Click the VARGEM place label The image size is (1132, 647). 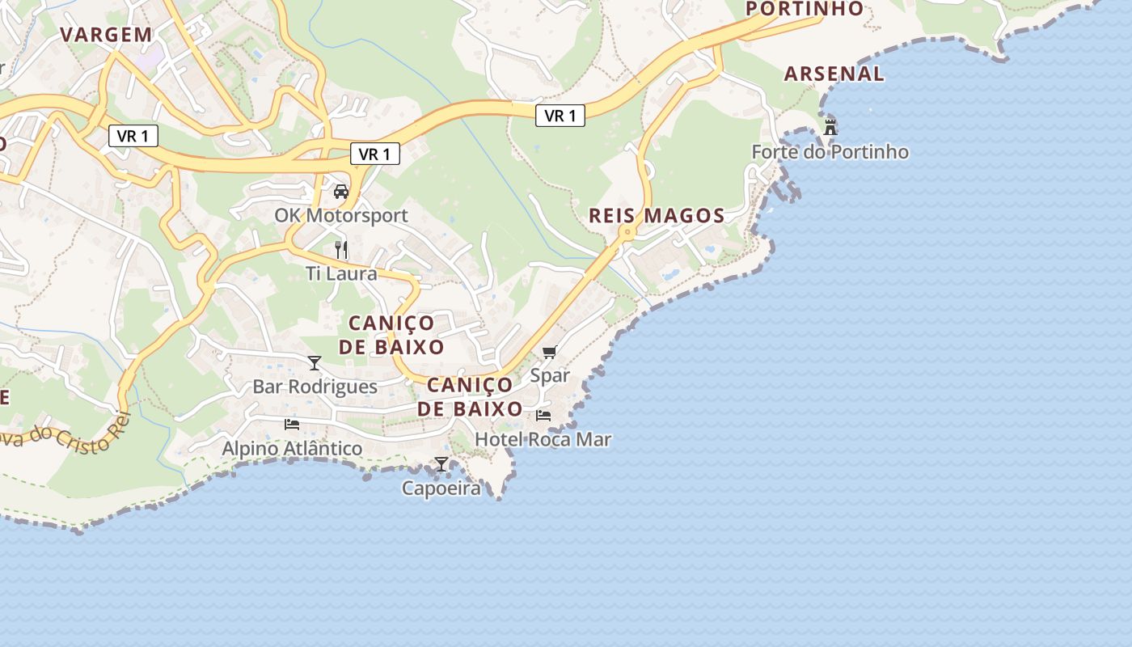click(107, 35)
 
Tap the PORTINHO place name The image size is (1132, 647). click(805, 9)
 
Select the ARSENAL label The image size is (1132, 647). click(834, 74)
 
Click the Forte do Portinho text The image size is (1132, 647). click(830, 152)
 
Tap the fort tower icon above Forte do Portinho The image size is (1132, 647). click(830, 127)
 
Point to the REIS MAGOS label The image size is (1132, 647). click(657, 216)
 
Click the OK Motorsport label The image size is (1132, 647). click(341, 216)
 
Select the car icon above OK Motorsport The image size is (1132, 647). click(341, 192)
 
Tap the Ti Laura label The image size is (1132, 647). click(341, 273)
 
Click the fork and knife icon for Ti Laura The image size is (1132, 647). click(341, 249)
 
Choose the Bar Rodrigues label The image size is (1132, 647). click(315, 387)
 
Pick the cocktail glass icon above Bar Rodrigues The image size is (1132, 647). click(315, 362)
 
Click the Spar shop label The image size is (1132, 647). click(550, 375)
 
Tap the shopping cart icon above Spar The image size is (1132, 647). click(550, 351)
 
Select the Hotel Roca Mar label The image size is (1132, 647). click(543, 440)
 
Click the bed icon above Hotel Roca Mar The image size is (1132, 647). click(543, 416)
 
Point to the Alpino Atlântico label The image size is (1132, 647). click(292, 448)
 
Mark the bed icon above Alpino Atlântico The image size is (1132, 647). click(292, 424)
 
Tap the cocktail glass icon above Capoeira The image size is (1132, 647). click(441, 464)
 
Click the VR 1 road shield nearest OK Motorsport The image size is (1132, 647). click(375, 154)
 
